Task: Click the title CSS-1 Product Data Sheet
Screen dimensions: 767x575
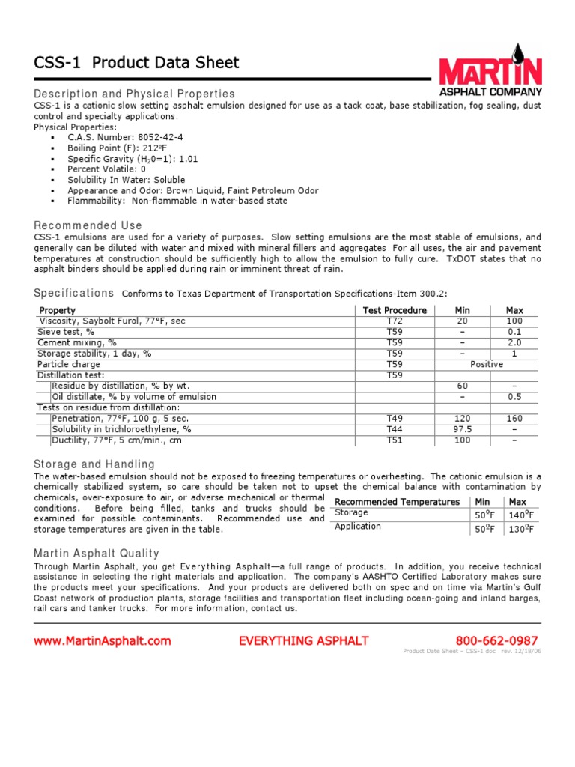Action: point(136,63)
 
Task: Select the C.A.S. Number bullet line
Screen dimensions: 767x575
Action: point(125,138)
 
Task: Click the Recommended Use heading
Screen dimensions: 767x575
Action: point(88,225)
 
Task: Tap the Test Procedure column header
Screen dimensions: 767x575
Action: point(395,310)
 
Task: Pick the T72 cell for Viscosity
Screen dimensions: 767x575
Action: point(395,321)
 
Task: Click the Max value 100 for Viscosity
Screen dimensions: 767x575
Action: point(514,321)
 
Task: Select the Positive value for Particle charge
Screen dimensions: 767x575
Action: point(487,364)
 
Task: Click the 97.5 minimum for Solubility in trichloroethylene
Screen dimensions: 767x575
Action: point(463,429)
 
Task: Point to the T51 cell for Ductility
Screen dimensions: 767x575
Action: point(395,440)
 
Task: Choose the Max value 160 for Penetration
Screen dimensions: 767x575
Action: point(514,419)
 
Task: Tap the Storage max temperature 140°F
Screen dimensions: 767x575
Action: point(520,515)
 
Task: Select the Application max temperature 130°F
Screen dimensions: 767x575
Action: point(520,530)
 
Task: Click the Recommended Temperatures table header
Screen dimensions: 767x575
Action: point(397,501)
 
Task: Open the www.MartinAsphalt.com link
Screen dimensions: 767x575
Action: point(103,640)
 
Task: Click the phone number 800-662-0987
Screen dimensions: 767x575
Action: point(496,640)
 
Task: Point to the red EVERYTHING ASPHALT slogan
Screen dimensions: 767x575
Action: point(303,640)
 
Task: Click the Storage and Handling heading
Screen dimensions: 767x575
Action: point(94,464)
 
